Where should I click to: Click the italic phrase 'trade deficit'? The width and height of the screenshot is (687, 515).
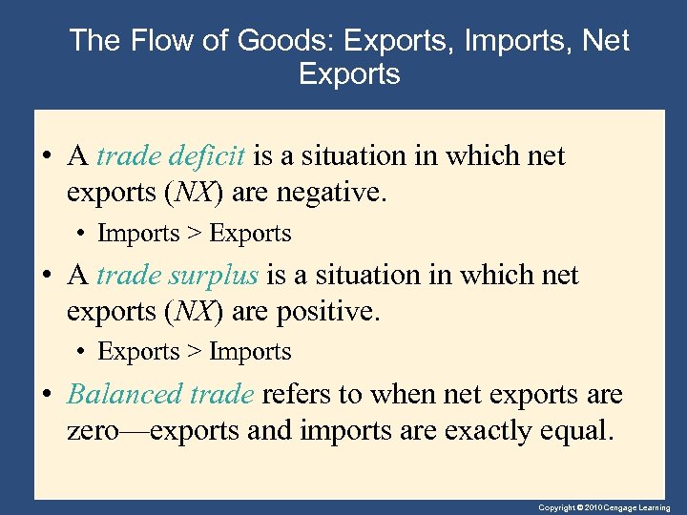coord(172,155)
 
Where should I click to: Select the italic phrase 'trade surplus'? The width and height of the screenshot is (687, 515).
coord(177,275)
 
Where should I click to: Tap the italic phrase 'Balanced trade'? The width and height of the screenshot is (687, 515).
coord(161,394)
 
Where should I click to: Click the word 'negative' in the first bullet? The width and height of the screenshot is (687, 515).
coord(330,194)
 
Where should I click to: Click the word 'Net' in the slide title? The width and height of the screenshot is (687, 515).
coord(608,41)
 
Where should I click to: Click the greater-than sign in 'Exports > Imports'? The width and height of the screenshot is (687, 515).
coord(194,352)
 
